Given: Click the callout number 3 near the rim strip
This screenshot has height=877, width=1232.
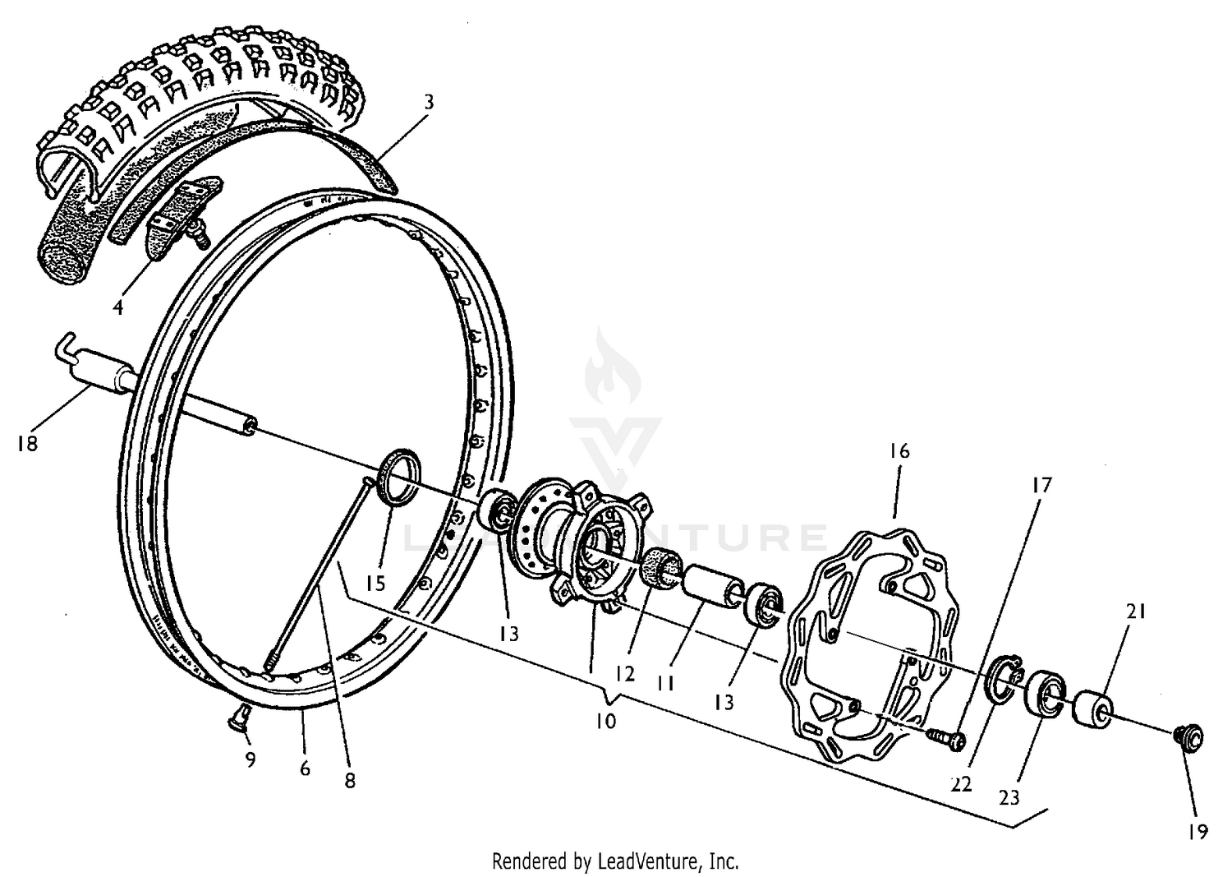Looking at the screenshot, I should tap(429, 102).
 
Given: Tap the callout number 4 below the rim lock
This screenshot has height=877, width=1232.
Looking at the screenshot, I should tap(119, 307).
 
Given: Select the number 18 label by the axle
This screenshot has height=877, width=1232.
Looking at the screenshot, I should tap(26, 444).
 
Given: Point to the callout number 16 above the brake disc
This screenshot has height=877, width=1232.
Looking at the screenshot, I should tap(899, 451).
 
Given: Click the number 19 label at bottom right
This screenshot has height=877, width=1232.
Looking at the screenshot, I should tap(1198, 833).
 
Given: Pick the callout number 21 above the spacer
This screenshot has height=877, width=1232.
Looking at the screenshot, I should tap(1136, 612).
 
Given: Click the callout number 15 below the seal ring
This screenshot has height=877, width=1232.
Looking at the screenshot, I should tap(375, 584).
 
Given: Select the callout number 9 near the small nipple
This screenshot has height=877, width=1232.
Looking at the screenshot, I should tap(251, 760).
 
